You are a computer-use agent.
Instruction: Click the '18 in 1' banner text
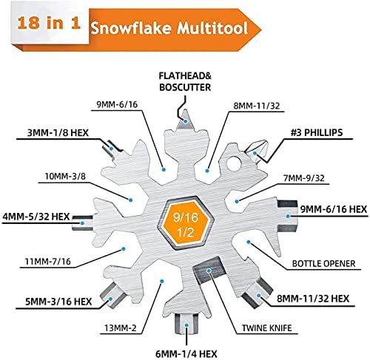click(49, 23)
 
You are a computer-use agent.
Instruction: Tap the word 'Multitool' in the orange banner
click(212, 27)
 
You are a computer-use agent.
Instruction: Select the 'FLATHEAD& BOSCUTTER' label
click(185, 81)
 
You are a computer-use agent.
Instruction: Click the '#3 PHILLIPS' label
click(317, 132)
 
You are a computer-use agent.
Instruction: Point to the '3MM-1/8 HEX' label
click(58, 133)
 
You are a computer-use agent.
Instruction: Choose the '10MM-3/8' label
click(65, 176)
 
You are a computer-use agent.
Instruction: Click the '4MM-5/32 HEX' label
click(36, 217)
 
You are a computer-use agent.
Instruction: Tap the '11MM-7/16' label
click(48, 261)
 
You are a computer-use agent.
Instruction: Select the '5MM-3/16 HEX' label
click(58, 302)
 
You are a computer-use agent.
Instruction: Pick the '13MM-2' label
click(121, 328)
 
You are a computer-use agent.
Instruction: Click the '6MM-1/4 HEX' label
click(186, 354)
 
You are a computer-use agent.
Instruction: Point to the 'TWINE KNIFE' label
click(266, 328)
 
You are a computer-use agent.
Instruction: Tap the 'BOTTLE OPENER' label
click(323, 263)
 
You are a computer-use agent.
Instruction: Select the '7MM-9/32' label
click(304, 177)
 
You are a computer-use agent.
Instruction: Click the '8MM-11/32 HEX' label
click(313, 299)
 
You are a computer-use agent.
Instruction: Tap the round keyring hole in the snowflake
click(233, 163)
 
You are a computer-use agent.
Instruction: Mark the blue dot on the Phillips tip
click(255, 153)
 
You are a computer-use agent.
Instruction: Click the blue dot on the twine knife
click(209, 271)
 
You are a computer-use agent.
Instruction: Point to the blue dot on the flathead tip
click(186, 121)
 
